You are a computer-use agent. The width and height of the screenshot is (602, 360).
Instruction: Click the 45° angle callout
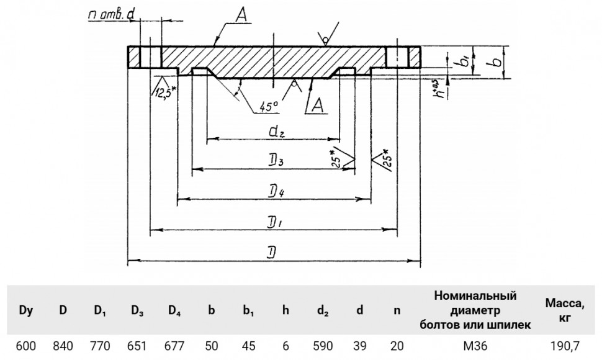pyautogui.click(x=268, y=106)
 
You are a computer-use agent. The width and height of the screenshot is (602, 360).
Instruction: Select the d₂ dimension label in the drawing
pyautogui.click(x=276, y=132)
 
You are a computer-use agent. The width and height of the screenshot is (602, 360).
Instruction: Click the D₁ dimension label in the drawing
pyautogui.click(x=275, y=222)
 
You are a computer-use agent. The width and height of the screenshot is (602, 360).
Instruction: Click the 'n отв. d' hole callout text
pyautogui.click(x=111, y=14)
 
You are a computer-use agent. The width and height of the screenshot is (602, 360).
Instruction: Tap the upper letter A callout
pyautogui.click(x=241, y=16)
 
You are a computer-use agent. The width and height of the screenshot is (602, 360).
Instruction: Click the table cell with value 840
pyautogui.click(x=63, y=346)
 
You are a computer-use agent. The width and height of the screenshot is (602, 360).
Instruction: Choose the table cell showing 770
pyautogui.click(x=100, y=346)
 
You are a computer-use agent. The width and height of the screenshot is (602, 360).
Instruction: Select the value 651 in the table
pyautogui.click(x=137, y=346)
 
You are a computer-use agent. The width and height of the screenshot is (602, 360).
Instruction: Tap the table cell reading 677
pyautogui.click(x=174, y=346)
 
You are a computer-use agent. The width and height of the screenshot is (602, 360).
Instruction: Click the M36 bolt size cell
pyautogui.click(x=475, y=346)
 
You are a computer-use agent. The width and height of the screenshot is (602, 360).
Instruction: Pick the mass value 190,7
pyautogui.click(x=565, y=346)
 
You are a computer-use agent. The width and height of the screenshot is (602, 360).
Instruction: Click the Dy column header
pyautogui.click(x=25, y=310)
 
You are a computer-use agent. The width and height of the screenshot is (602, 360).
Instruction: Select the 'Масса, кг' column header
pyautogui.click(x=565, y=310)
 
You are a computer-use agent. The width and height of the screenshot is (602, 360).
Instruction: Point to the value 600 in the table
pyautogui.click(x=25, y=346)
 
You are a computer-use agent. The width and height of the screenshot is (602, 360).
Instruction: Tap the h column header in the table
pyautogui.click(x=285, y=310)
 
